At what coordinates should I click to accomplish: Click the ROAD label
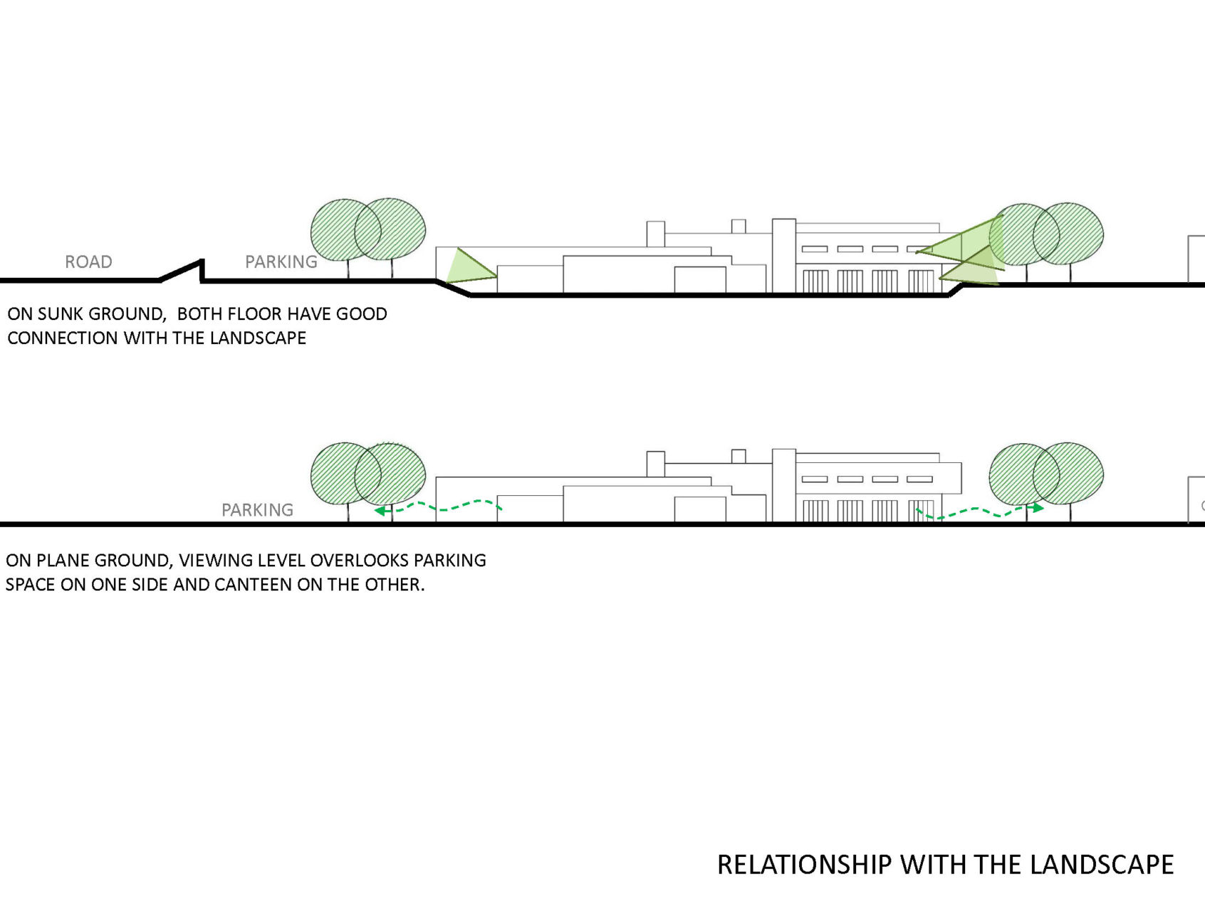(88, 262)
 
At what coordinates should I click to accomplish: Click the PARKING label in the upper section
(281, 262)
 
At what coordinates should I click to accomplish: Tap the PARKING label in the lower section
(257, 510)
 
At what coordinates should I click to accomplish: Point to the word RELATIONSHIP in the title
(804, 865)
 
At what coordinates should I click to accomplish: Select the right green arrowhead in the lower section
(1038, 508)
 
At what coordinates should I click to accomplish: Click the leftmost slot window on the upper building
(815, 249)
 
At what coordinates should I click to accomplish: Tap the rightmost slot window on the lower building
(920, 479)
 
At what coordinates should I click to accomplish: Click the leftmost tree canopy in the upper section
(345, 230)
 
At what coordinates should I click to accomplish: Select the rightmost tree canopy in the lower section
(1068, 474)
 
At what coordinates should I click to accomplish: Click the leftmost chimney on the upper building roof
(655, 234)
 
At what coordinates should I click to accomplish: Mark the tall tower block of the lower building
(783, 485)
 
